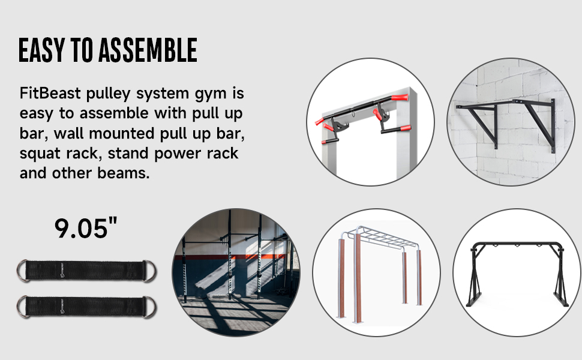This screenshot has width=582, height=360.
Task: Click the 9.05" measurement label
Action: (86, 228)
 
